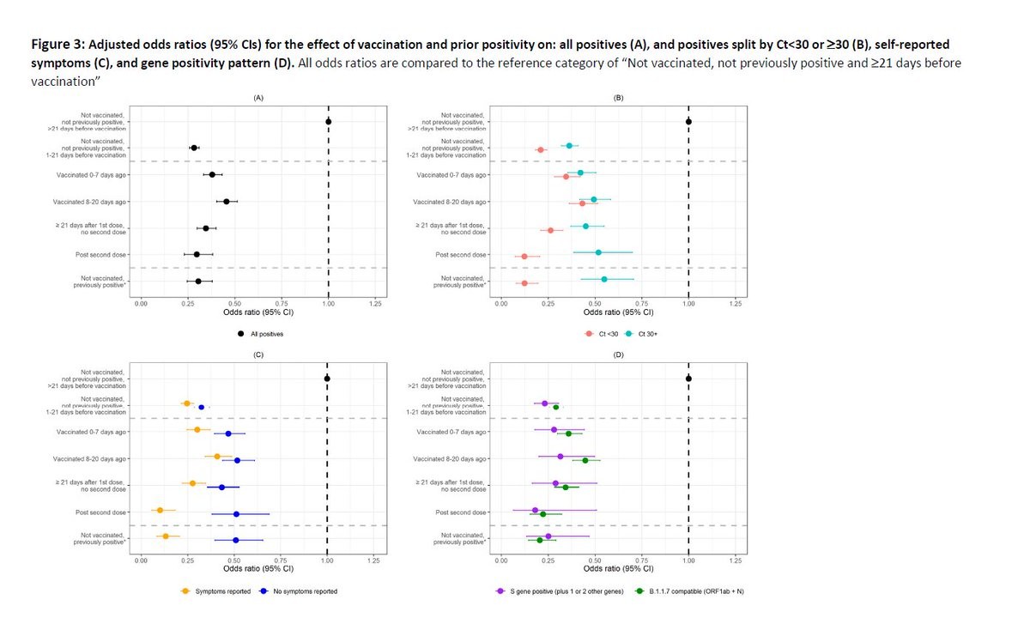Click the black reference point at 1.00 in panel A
(328, 122)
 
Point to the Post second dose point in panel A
(197, 254)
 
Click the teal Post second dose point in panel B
(598, 252)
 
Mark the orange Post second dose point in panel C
(160, 510)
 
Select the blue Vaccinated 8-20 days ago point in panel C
(238, 460)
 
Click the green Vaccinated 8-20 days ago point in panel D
(585, 460)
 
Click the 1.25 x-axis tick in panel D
(735, 560)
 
